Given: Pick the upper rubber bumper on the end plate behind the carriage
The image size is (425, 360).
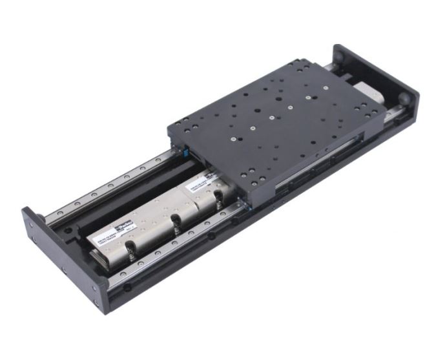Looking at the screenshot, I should (340, 56).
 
